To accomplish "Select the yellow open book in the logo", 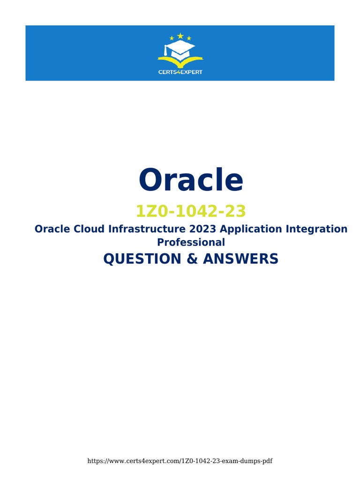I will click(180, 60).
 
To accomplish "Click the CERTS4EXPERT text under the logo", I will click(180, 72).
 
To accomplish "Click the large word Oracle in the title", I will click(191, 180).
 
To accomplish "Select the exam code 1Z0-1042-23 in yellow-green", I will click(190, 212).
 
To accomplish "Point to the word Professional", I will click(191, 242).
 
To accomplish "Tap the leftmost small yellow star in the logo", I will click(171, 38).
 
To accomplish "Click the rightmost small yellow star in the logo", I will click(189, 38).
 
